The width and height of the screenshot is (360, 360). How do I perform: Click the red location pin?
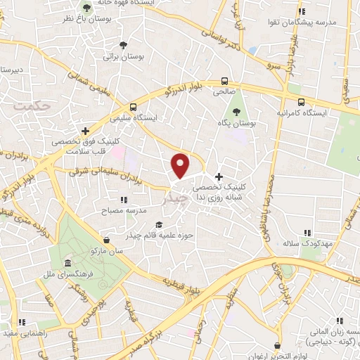tap(181, 165)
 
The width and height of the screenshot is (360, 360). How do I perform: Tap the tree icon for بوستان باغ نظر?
tap(86, 8)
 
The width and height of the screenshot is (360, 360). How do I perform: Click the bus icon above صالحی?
tap(225, 81)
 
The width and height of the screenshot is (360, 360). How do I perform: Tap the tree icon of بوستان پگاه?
tap(236, 111)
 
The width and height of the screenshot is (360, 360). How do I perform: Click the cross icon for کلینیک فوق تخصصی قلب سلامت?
tap(86, 131)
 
